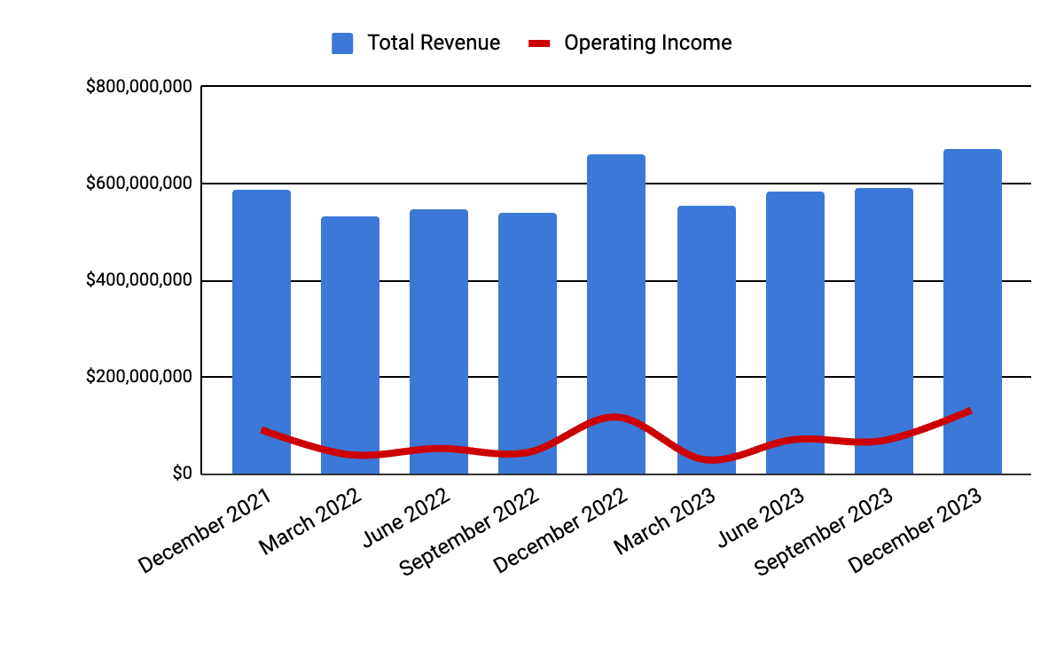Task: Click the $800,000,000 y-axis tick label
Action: pyautogui.click(x=139, y=87)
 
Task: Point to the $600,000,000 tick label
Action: pyautogui.click(x=139, y=184)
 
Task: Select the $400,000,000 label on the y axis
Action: pyautogui.click(x=139, y=280)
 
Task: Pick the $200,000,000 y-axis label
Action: pyautogui.click(x=139, y=377)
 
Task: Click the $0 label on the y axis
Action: pyautogui.click(x=183, y=474)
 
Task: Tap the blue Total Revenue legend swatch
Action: pyautogui.click(x=342, y=43)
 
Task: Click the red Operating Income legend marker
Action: pyautogui.click(x=540, y=43)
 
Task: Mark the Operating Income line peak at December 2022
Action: pyautogui.click(x=614, y=417)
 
